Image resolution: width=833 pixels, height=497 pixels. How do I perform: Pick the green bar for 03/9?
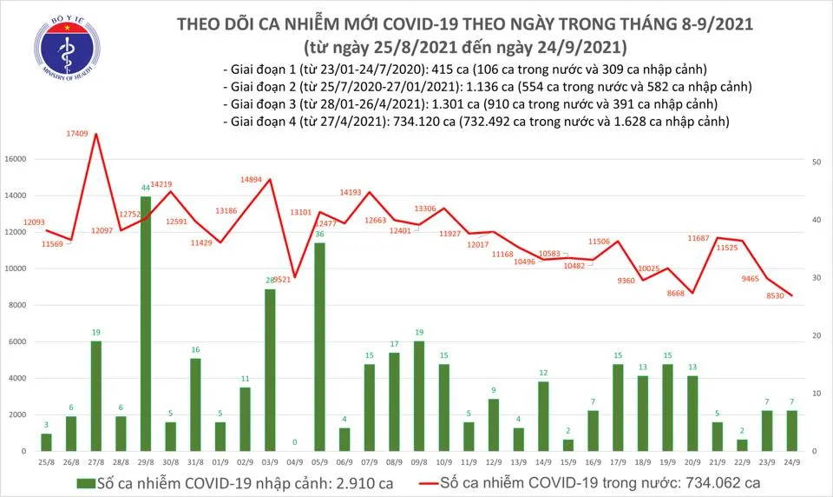pos(271,370)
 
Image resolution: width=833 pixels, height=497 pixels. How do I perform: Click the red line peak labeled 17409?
pos(95,133)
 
